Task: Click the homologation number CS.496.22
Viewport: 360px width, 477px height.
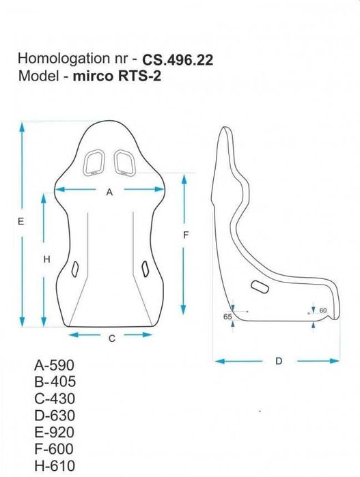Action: [178, 60]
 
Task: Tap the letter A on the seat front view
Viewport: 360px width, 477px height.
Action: [109, 192]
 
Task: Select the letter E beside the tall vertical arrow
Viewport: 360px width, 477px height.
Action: [20, 222]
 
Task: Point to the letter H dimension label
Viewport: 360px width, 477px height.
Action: [46, 259]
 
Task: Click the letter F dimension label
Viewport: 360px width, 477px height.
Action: [185, 235]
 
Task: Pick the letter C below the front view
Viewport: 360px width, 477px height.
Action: [111, 338]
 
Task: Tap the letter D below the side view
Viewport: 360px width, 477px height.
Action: [279, 361]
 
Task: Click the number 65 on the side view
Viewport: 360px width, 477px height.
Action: [227, 317]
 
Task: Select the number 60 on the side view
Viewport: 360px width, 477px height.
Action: [324, 311]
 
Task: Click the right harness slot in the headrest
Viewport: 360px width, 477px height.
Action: [124, 162]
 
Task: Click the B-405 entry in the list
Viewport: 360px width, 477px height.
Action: [54, 382]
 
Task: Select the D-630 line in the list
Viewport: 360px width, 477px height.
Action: [54, 416]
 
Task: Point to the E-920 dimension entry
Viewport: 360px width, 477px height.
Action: [54, 433]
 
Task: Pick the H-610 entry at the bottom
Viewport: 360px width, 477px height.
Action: [54, 466]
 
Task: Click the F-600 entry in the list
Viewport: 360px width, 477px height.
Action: [54, 449]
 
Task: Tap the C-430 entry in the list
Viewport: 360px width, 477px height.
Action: [54, 399]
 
